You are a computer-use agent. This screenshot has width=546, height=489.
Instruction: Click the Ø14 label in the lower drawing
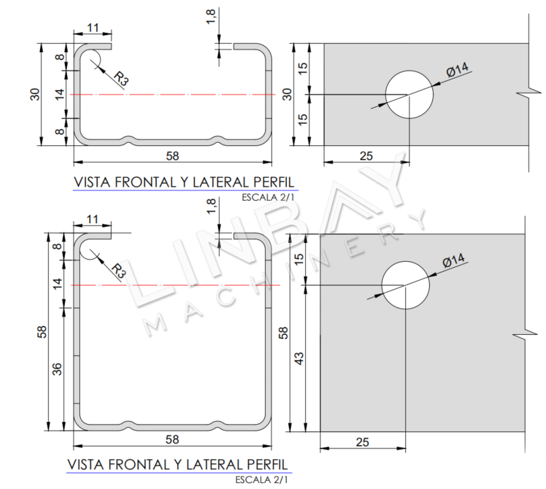pos(453,260)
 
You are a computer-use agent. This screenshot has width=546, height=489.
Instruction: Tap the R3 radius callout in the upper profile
pos(121,78)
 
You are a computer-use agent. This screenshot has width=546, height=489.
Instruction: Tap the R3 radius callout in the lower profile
pos(118,271)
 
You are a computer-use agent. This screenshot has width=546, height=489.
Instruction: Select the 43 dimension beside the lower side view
pos(299,358)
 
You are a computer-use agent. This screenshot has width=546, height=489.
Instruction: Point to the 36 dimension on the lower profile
pos(57,369)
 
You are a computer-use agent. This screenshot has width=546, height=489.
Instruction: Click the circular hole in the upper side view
pos(409,94)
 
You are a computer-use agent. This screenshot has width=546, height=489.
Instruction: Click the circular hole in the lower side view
pos(405,285)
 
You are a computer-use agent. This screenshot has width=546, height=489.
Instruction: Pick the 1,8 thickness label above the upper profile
pos(210,17)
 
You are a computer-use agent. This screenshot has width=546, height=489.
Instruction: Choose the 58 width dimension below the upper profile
pos(173,156)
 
